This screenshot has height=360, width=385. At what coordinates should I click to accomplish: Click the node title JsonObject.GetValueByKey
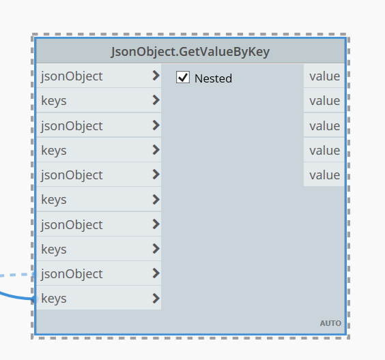[190, 52]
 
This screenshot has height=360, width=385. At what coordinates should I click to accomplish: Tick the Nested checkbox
[183, 77]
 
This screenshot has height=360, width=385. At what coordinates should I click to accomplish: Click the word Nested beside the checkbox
[213, 78]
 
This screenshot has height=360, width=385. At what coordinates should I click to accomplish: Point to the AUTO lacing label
[330, 323]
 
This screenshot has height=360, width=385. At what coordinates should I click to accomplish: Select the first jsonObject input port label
[72, 76]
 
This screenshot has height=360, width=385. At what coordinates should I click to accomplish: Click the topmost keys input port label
[54, 101]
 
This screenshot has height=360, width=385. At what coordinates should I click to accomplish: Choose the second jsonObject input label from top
[72, 126]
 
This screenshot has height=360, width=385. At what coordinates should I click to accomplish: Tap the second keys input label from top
[54, 150]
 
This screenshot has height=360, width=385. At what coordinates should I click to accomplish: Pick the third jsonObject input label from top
[72, 175]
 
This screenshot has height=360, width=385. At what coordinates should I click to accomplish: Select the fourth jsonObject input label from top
[72, 224]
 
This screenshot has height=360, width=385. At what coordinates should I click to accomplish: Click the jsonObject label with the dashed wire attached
[72, 273]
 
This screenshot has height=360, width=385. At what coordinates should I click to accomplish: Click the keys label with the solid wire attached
[54, 299]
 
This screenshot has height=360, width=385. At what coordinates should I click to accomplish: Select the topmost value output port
[324, 76]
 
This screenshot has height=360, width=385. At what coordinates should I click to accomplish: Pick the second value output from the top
[324, 100]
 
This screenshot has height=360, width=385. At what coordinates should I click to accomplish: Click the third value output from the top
[324, 125]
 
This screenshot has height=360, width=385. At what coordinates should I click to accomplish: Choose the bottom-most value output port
[324, 175]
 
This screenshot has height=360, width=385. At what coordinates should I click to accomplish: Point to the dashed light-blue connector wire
[17, 275]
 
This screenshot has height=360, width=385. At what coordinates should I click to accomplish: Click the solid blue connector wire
[16, 297]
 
